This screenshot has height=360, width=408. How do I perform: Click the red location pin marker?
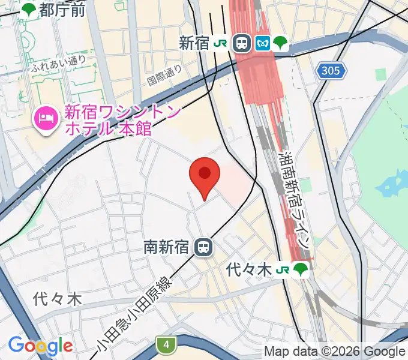(205, 175)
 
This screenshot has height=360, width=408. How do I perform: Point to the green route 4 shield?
(166, 344)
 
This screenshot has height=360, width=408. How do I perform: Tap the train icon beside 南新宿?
(205, 247)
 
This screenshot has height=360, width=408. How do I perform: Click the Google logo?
(40, 346)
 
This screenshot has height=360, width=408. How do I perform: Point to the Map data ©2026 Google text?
(335, 351)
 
